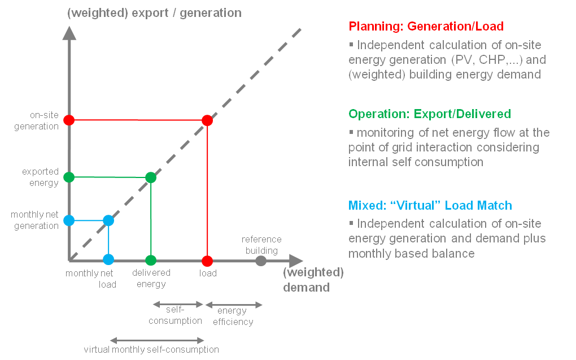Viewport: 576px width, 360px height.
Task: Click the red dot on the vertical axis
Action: (69, 120)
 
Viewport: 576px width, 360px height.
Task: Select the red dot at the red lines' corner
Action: (207, 120)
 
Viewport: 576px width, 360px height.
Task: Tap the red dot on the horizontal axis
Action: (207, 261)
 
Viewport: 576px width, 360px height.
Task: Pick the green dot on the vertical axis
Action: (69, 177)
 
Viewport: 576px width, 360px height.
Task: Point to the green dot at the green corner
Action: (151, 177)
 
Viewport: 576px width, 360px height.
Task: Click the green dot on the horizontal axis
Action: (151, 261)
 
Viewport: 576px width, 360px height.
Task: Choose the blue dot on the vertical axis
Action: (69, 220)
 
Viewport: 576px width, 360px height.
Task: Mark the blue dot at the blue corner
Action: (108, 220)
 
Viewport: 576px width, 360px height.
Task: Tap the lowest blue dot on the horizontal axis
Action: (108, 259)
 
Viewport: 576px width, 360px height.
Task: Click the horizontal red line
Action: (138, 120)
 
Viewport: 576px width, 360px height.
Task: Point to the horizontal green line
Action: (110, 177)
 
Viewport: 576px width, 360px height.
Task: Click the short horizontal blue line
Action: (89, 220)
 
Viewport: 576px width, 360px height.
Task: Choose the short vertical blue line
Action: (108, 240)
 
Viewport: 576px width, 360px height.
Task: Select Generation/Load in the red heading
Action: (455, 27)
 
